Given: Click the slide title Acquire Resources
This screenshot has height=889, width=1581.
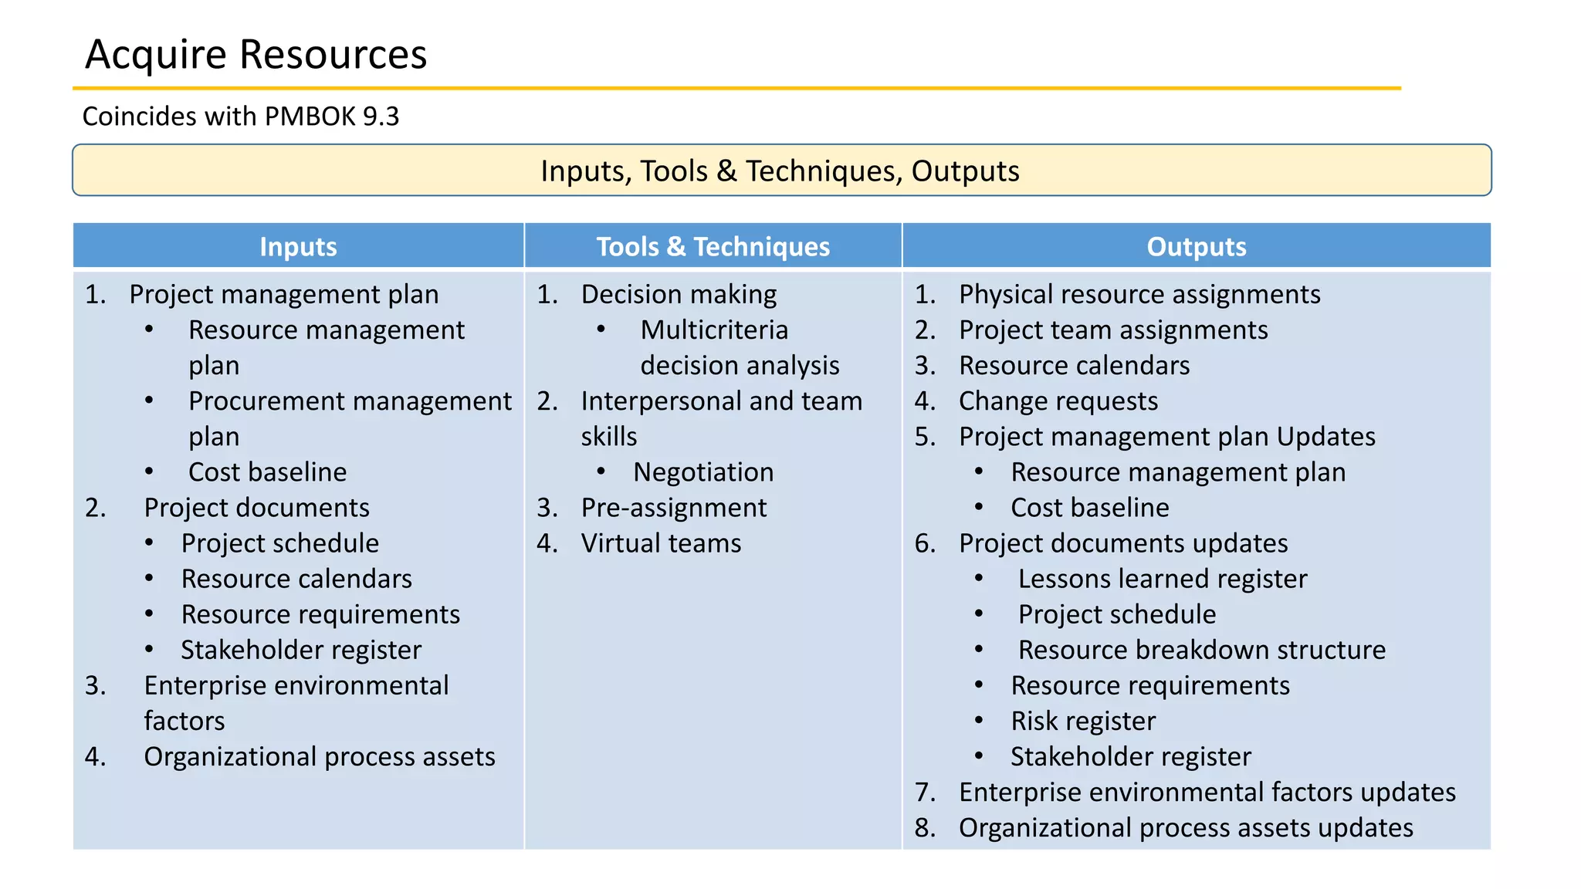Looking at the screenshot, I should [256, 54].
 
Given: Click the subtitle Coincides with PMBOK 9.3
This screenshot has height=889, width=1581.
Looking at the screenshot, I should [240, 117].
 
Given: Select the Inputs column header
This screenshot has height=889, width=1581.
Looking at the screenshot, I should [298, 247].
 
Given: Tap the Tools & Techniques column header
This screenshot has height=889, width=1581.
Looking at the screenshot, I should [713, 247].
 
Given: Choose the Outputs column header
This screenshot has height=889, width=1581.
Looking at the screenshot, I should [1196, 247].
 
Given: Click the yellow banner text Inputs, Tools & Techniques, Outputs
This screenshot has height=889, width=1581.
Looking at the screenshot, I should [780, 171].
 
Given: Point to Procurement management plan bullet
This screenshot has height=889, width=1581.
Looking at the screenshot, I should [349, 402].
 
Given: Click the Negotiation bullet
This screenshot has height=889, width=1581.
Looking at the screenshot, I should [702, 472].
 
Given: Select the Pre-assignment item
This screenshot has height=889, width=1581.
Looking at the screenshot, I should [673, 508].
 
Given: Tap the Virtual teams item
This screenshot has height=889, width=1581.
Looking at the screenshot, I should [661, 543].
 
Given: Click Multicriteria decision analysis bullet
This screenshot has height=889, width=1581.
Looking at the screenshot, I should [714, 330].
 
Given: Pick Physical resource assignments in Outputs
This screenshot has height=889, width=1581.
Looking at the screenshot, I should [1139, 295].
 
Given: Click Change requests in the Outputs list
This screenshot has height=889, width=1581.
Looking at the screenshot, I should [1058, 401].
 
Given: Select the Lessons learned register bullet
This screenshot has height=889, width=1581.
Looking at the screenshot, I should [1162, 579].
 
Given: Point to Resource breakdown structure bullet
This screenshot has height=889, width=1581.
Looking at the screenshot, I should [1201, 650].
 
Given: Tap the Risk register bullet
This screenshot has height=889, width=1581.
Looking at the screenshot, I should [1083, 721].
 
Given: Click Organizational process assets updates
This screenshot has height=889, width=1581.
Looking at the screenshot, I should [1185, 827].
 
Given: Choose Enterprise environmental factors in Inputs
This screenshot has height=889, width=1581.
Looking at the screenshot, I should [296, 686].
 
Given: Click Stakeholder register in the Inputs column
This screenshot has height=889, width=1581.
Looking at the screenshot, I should [301, 650].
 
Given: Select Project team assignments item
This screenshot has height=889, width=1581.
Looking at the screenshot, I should [1112, 330].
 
